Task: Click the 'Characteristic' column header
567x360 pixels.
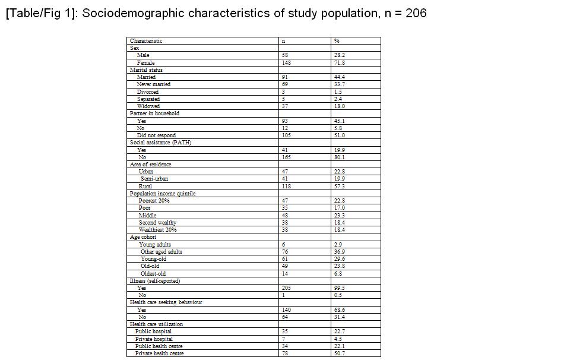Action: [146, 41]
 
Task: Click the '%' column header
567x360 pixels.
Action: [337, 41]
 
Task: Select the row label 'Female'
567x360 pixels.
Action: [145, 62]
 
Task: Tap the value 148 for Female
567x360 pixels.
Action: [286, 62]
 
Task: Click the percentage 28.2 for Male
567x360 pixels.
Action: [340, 55]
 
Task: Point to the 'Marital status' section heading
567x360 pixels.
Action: [146, 70]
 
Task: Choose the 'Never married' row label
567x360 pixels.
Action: [153, 84]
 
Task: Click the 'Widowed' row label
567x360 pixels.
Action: [148, 106]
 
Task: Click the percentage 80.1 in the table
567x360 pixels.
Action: [340, 157]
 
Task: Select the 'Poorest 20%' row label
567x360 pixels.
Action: [154, 201]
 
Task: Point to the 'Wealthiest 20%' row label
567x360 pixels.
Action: [157, 230]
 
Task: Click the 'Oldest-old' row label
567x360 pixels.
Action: [153, 273]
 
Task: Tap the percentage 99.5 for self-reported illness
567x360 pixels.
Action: [340, 288]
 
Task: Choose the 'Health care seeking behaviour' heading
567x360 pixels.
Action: [166, 302]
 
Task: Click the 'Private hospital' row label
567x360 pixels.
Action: [154, 339]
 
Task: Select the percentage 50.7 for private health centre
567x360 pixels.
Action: [340, 353]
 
